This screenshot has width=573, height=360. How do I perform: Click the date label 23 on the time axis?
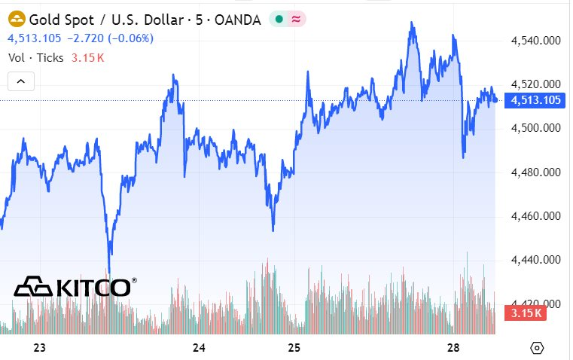[x=41, y=347]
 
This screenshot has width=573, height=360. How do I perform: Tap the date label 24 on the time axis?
[x=200, y=347]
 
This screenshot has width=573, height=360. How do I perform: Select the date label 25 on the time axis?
[x=294, y=347]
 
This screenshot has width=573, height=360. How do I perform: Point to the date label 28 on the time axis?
[x=453, y=347]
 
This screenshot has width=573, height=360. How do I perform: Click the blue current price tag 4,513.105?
[x=536, y=100]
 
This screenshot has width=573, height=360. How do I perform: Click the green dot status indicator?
[x=279, y=20]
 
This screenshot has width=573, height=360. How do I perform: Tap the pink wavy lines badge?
[x=297, y=20]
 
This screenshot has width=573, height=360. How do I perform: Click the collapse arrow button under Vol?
[x=21, y=81]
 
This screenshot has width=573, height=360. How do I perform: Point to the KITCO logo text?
[x=92, y=287]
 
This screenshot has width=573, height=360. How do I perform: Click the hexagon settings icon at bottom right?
[x=537, y=347]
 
